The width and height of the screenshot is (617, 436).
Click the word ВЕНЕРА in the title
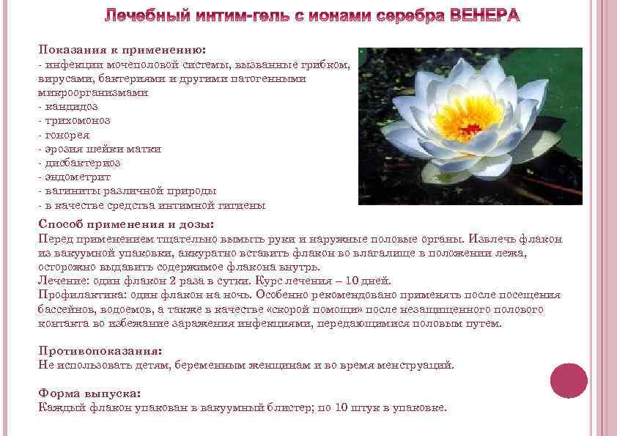pyautogui.click(x=480, y=17)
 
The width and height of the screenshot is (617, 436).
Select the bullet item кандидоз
pyautogui.click(x=70, y=107)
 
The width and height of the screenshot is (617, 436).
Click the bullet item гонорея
pyautogui.click(x=66, y=135)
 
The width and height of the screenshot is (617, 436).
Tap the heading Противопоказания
pyautogui.click(x=100, y=350)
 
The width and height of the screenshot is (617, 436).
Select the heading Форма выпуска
pyautogui.click(x=89, y=393)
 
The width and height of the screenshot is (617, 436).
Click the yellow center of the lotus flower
pyautogui.click(x=469, y=117)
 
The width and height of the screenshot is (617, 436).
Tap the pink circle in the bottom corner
pyautogui.click(x=569, y=381)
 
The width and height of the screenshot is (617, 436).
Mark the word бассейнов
pyautogui.click(x=67, y=309)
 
